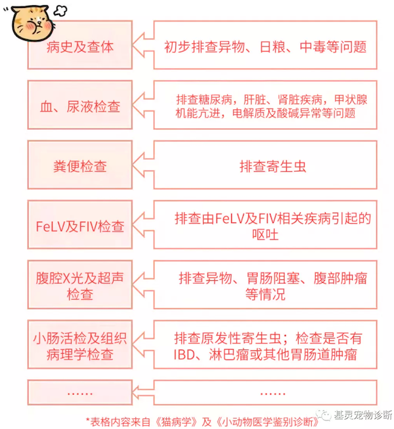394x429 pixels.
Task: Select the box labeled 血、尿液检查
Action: coord(80,105)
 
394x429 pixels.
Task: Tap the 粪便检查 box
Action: coord(80,165)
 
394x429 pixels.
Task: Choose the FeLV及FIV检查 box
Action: coord(80,224)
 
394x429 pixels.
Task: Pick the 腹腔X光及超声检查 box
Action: coord(80,285)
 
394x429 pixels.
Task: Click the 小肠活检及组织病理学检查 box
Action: coord(80,345)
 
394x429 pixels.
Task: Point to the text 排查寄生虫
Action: coord(273,167)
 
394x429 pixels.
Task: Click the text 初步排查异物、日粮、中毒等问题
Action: coord(265,47)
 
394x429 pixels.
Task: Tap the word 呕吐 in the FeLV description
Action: coord(265,234)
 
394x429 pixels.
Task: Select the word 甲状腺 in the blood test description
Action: coord(351,100)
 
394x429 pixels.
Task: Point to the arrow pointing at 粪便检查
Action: coord(143,165)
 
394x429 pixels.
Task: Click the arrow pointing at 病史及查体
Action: coord(143,45)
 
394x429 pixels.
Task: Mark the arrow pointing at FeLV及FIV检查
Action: coord(143,224)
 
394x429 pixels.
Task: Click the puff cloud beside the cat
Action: coord(60,11)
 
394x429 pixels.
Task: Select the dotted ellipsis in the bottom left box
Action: coord(80,394)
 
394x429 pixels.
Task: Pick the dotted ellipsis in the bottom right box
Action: coord(273,394)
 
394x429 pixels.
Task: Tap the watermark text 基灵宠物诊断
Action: coord(362,415)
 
